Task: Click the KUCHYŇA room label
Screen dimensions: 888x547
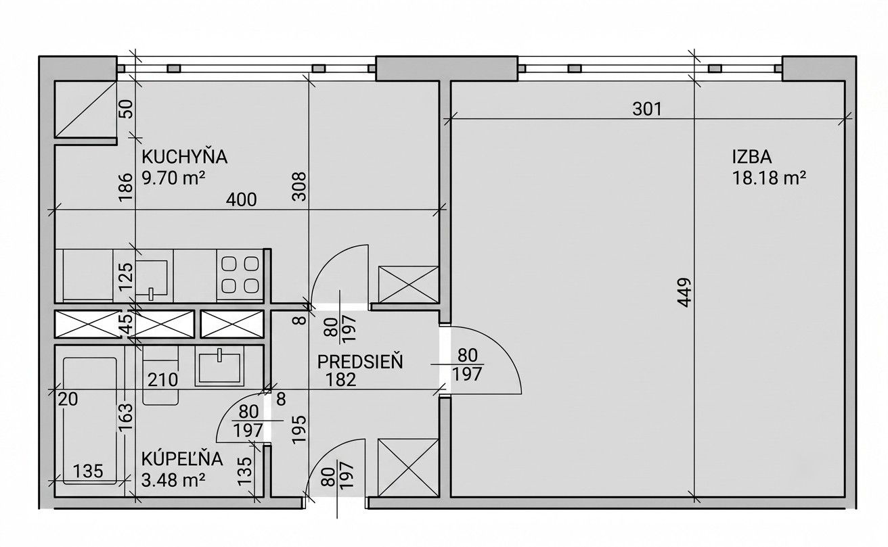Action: coord(184,157)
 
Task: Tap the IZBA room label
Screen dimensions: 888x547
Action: coord(752,158)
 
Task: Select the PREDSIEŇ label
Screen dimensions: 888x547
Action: coord(360,362)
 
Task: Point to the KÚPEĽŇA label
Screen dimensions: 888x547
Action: coord(182,460)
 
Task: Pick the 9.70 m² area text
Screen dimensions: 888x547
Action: coord(173,179)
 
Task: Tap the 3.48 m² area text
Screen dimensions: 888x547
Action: coord(173,481)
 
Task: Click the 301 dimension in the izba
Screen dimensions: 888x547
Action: coord(647,109)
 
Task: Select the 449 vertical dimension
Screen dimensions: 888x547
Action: coord(685,293)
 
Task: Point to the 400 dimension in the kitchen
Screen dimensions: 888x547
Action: coord(241,199)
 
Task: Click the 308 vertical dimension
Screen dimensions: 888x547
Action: coord(300,187)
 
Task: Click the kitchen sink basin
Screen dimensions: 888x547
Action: coord(152,279)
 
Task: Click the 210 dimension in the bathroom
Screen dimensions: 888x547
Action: coord(162,380)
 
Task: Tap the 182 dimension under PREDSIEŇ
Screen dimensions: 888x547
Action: coord(341,380)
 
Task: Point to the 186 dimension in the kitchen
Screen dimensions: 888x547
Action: coord(125,187)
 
